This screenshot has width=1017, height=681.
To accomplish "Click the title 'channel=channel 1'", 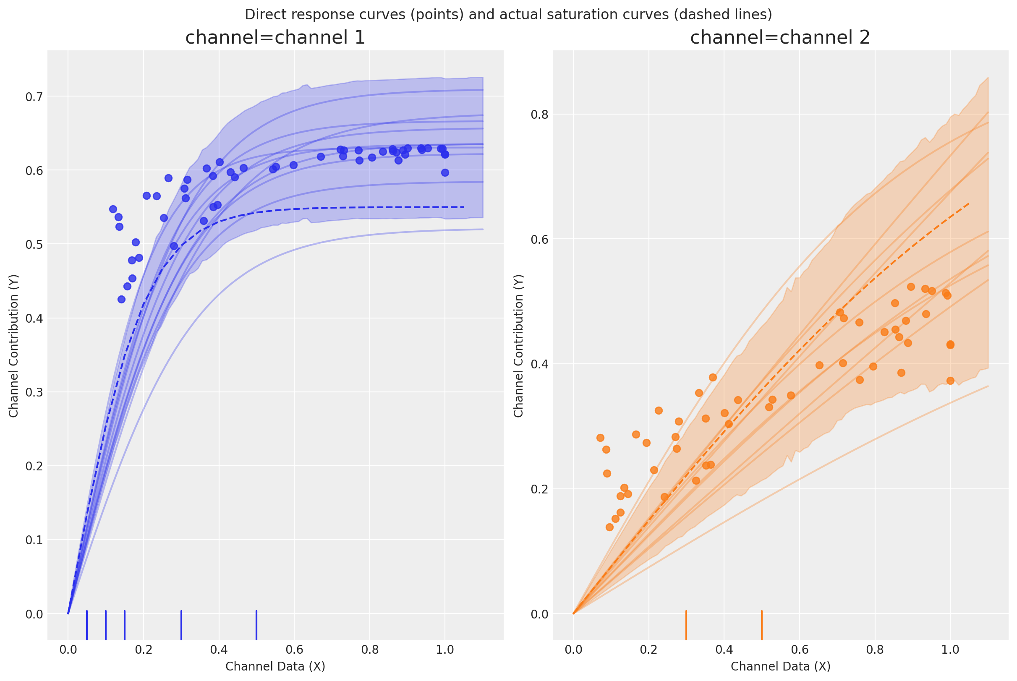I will pyautogui.click(x=275, y=38).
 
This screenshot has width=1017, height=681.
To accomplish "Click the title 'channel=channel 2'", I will pyautogui.click(x=780, y=38).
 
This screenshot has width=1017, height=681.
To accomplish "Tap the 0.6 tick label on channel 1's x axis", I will pyautogui.click(x=294, y=650).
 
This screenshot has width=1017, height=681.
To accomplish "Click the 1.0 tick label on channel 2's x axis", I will pyautogui.click(x=950, y=650).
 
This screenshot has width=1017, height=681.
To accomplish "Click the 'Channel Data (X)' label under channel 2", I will pyautogui.click(x=780, y=666).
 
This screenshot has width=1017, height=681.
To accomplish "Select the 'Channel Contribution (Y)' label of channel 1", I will pyautogui.click(x=14, y=346).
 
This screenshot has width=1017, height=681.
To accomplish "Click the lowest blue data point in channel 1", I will pyautogui.click(x=122, y=299).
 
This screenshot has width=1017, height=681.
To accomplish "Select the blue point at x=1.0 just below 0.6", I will pyautogui.click(x=445, y=172).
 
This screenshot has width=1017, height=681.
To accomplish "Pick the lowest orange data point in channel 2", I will pyautogui.click(x=609, y=527).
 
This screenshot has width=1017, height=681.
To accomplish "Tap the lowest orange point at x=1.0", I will pyautogui.click(x=950, y=381).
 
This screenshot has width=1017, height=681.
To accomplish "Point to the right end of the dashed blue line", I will pyautogui.click(x=463, y=207).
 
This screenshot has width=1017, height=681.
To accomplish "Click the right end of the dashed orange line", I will pyautogui.click(x=969, y=203).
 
